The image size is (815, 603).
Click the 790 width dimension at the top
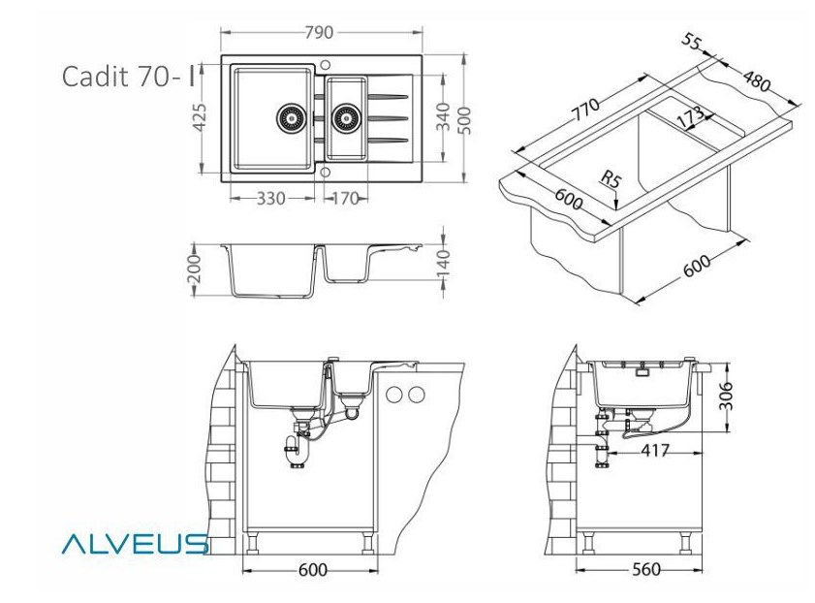click(319, 33)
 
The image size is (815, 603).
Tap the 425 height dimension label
click(200, 118)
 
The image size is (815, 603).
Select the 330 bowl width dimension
click(270, 198)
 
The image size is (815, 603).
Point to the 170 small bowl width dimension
click(345, 198)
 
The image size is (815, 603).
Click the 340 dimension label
click(442, 117)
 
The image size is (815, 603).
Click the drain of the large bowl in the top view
click(290, 118)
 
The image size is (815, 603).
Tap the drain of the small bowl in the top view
click(346, 118)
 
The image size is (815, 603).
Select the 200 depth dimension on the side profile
click(194, 269)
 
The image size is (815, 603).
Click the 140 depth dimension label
click(442, 264)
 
